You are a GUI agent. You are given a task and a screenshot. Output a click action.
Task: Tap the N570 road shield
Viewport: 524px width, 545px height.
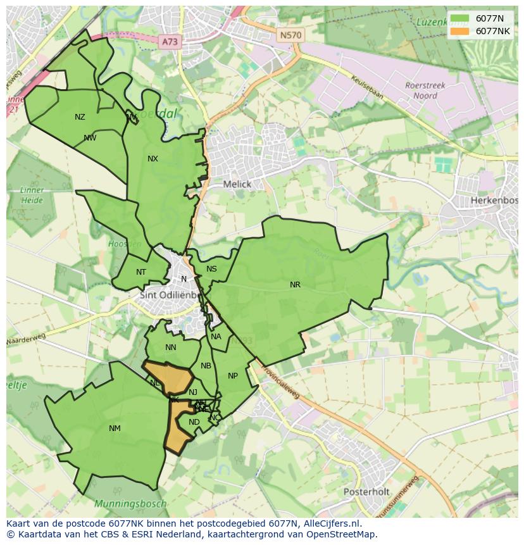[x=290, y=35]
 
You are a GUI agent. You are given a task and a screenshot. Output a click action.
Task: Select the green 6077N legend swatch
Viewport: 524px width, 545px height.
[x=460, y=19]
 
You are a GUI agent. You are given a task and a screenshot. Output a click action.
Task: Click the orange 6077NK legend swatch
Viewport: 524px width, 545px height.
[x=460, y=31]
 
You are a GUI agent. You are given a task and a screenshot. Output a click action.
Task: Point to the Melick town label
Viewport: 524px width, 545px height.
[x=237, y=184]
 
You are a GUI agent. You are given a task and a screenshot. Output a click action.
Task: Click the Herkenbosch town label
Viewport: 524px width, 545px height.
[x=494, y=201]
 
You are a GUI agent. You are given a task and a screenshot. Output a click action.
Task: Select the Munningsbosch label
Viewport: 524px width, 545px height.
[x=130, y=504]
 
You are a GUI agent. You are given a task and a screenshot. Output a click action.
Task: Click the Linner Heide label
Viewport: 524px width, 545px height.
[x=32, y=195]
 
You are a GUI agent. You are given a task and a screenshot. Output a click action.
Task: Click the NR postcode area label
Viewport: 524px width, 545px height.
[x=295, y=285]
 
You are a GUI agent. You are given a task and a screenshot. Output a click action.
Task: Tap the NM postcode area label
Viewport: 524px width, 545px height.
[x=115, y=429]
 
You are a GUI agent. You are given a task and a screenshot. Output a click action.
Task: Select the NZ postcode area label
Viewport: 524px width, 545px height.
[x=80, y=117]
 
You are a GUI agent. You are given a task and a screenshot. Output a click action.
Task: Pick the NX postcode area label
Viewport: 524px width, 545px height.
[x=153, y=159]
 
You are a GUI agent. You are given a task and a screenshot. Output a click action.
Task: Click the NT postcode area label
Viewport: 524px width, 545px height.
[x=141, y=272]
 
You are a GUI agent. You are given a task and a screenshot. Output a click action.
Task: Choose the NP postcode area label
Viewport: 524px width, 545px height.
[x=233, y=376]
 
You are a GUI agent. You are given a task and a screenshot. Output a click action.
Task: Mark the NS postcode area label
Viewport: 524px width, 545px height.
[x=211, y=269]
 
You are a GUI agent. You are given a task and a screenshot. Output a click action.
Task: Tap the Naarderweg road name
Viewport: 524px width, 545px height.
[x=27, y=341]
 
